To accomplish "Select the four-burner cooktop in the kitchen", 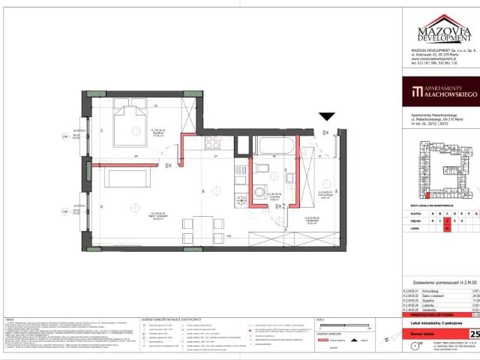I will pos(244,200).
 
